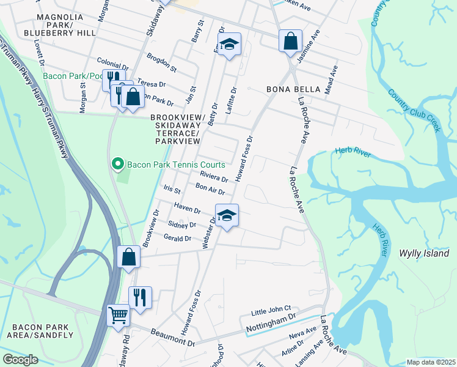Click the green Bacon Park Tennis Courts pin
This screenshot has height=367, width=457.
pos(117,165)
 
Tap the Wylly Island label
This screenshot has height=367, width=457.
pos(424,253)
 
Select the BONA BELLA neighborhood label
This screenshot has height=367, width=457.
pos(293,89)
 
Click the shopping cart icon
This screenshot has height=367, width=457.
pos(118,316)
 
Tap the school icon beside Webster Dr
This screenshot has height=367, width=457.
pos(227,215)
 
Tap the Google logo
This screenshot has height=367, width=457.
pos(20,360)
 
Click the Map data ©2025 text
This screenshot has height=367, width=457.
pos(431,362)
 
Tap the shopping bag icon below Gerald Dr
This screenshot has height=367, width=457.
pos(128,257)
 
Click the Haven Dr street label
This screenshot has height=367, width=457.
pos(188,208)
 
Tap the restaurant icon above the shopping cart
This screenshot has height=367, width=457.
pos(140,297)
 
